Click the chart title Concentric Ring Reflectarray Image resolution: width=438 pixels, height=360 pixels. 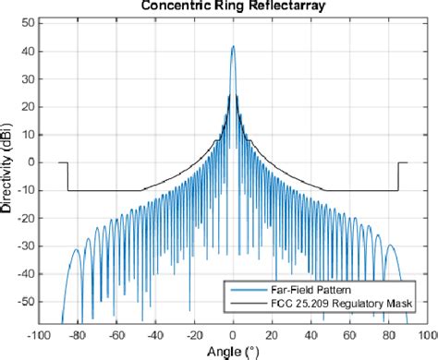point(233,6)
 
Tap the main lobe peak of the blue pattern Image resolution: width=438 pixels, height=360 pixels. point(233,46)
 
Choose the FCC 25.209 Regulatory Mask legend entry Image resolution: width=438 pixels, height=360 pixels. point(330,303)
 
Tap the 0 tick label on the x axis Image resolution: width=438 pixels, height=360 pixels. point(233,336)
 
